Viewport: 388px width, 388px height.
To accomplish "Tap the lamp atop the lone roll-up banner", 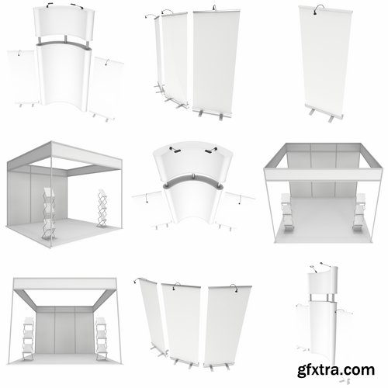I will pyautogui.click(x=318, y=10).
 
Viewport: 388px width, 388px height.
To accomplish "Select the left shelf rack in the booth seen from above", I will pyautogui.click(x=283, y=209).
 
